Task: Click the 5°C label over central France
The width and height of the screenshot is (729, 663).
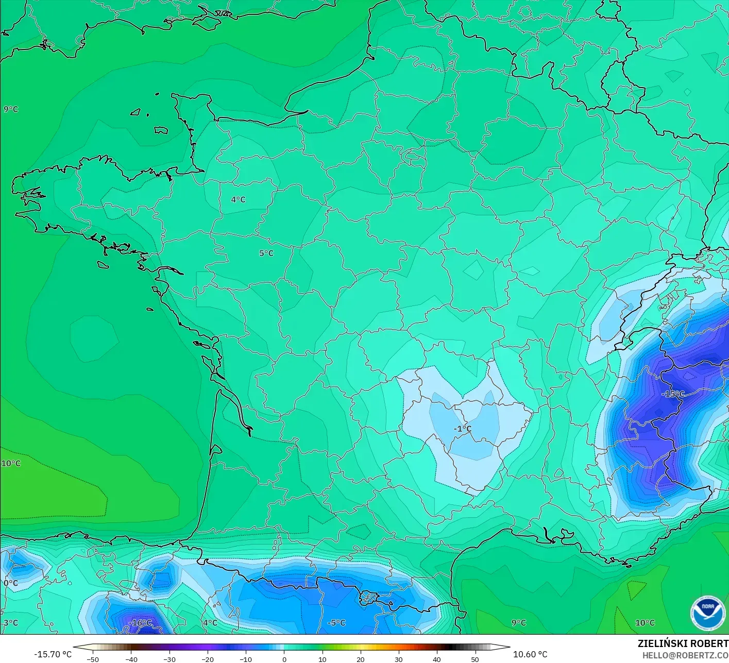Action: (x=266, y=253)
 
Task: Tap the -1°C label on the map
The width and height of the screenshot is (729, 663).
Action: (x=462, y=429)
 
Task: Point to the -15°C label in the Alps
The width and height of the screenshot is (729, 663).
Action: (x=673, y=394)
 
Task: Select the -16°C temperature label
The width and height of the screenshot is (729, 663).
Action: (x=140, y=623)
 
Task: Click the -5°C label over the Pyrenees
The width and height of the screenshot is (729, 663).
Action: (x=336, y=623)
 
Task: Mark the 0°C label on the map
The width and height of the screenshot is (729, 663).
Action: (x=11, y=583)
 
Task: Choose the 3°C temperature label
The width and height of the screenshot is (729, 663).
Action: (x=10, y=623)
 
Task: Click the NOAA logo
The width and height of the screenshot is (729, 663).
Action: (x=707, y=613)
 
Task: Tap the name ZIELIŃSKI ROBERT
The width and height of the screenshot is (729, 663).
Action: (x=683, y=643)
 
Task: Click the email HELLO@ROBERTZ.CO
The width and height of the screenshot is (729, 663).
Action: (x=685, y=655)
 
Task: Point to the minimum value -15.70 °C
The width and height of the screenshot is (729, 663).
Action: (x=53, y=654)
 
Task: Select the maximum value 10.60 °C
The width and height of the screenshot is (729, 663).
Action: (x=530, y=654)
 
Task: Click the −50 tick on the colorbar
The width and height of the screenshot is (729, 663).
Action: (x=93, y=659)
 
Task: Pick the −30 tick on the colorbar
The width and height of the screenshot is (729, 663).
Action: (x=169, y=659)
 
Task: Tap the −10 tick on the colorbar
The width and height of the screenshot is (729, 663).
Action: (x=246, y=659)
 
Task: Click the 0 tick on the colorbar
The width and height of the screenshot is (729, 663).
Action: (x=284, y=659)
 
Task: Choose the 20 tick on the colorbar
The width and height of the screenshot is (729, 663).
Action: (x=361, y=659)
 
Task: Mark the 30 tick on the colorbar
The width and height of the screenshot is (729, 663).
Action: (x=399, y=659)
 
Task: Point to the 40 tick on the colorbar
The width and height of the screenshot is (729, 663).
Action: (x=437, y=659)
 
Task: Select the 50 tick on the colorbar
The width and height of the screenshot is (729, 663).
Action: (x=475, y=659)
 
